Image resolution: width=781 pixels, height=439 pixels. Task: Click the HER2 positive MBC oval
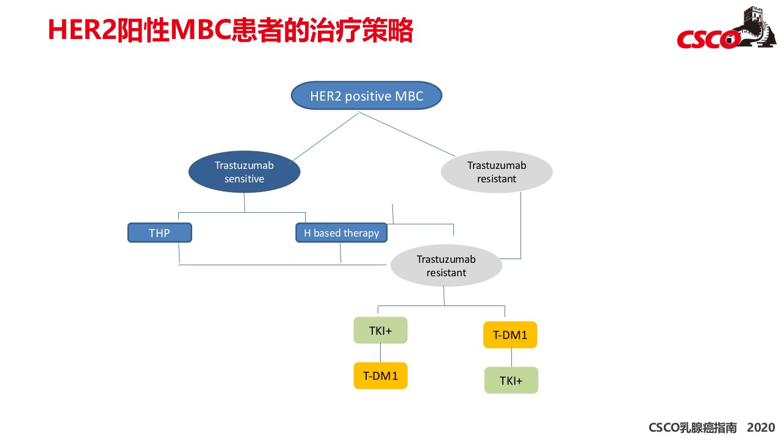coord(367,96)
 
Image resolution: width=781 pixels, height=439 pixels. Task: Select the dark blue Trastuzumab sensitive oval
coord(244,172)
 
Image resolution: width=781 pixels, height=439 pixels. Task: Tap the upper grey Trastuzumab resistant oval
coord(497,172)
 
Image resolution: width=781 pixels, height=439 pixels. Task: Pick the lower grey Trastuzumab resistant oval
coord(446,265)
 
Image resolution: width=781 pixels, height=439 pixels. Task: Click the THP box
coord(160,232)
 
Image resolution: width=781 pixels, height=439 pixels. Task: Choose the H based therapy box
coord(341,232)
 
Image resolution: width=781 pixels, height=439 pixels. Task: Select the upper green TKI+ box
coord(380,330)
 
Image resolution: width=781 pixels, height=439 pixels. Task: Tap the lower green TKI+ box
coord(511,380)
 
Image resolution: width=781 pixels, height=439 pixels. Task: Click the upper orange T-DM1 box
coord(510,335)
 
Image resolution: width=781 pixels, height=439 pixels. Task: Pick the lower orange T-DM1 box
coord(380,376)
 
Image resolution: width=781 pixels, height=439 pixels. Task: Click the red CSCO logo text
coord(708,40)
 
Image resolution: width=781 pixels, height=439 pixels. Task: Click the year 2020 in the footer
coord(761,427)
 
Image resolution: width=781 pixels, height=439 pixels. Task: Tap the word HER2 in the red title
coord(82,30)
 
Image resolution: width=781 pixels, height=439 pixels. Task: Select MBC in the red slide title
coord(201,30)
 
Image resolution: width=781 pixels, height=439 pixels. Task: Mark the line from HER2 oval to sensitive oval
coord(325,137)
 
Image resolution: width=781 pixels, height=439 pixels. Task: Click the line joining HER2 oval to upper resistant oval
coord(406,134)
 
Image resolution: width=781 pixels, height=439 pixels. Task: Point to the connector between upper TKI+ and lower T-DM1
coord(380,353)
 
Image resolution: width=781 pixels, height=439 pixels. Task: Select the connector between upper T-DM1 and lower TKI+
coord(511,357)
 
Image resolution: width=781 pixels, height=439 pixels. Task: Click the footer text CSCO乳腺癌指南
coord(693,427)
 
